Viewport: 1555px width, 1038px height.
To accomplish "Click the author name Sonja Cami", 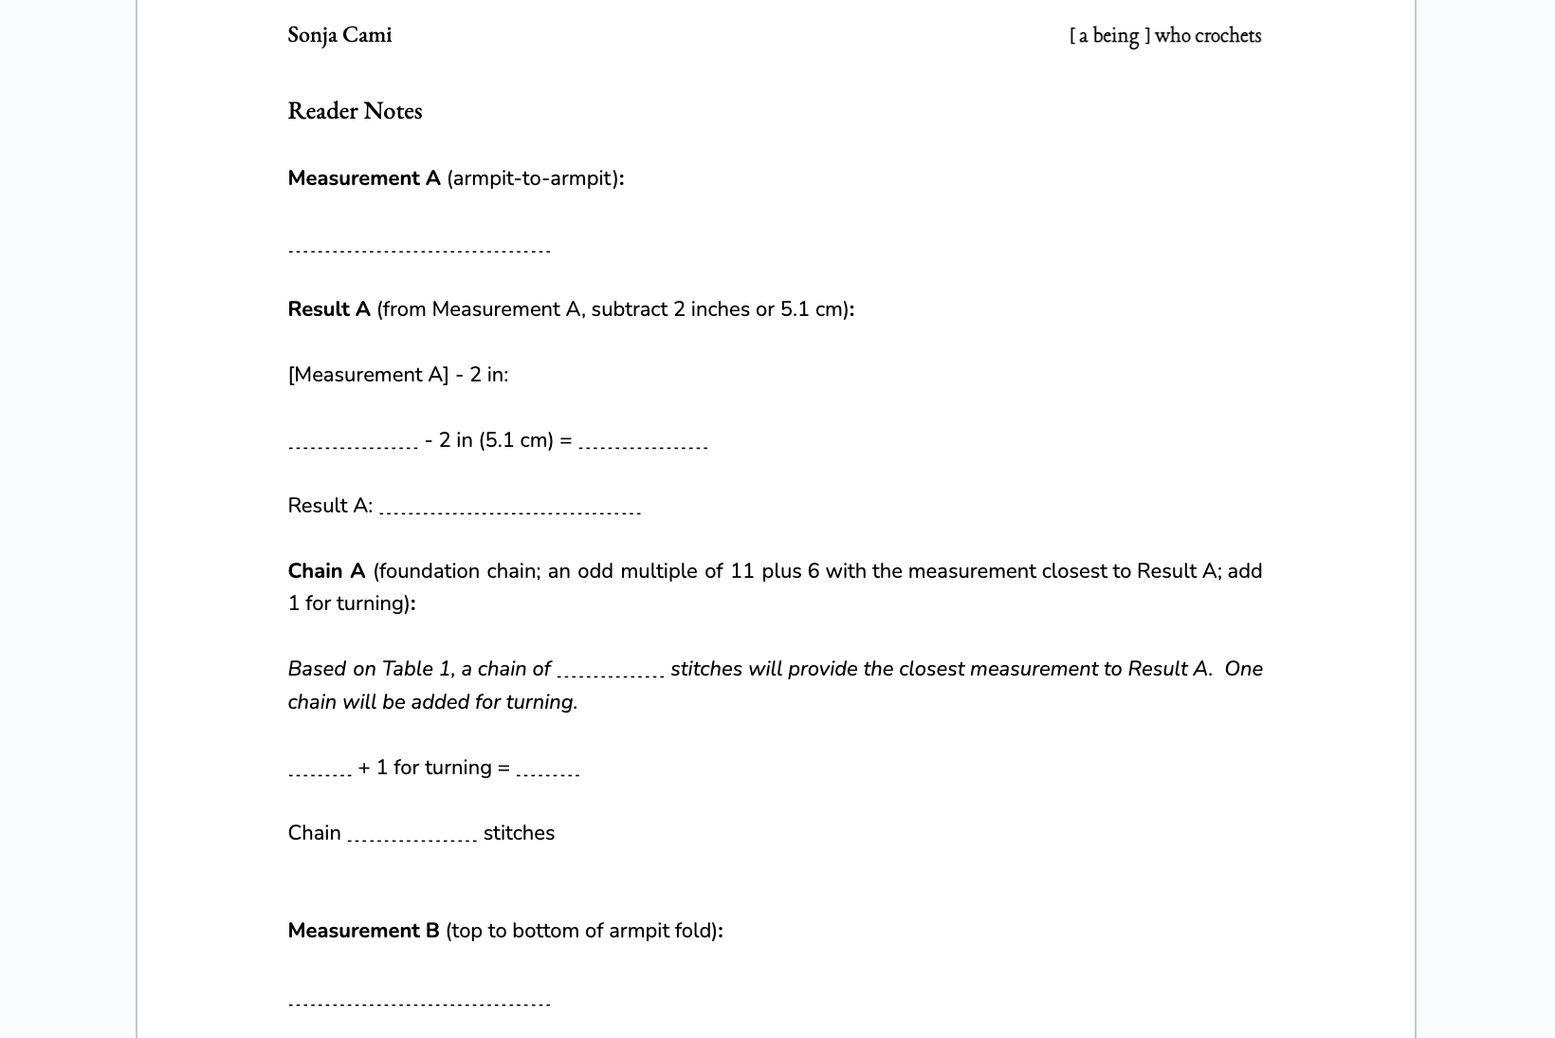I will (x=339, y=35).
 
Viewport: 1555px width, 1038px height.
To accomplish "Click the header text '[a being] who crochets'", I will (x=1165, y=35).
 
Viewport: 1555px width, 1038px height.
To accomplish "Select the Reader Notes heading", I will (x=355, y=111).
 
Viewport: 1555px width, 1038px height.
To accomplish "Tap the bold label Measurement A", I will (x=364, y=178).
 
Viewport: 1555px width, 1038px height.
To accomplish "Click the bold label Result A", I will (x=329, y=309).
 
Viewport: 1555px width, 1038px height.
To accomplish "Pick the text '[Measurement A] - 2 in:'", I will (x=398, y=375).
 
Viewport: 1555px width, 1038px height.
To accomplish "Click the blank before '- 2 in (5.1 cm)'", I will (x=353, y=446).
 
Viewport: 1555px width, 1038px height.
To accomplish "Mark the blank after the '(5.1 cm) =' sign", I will (x=643, y=446).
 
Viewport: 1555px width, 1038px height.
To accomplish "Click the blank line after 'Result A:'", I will (x=510, y=512).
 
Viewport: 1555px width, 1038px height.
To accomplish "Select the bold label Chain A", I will (x=326, y=571).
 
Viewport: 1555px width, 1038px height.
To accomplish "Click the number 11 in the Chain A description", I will (x=742, y=571).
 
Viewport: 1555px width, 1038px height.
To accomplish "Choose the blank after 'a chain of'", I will (x=611, y=676).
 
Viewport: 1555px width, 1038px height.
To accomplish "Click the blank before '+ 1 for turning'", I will (x=320, y=774).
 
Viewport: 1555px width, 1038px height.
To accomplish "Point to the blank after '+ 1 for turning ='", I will (x=548, y=774).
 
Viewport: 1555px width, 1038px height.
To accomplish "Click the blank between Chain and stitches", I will (x=412, y=840).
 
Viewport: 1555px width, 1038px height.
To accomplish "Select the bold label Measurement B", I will (x=363, y=931).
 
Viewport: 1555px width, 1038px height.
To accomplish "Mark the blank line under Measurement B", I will (x=419, y=1004).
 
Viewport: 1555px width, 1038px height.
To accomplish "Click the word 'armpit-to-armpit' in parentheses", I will (x=532, y=178).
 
